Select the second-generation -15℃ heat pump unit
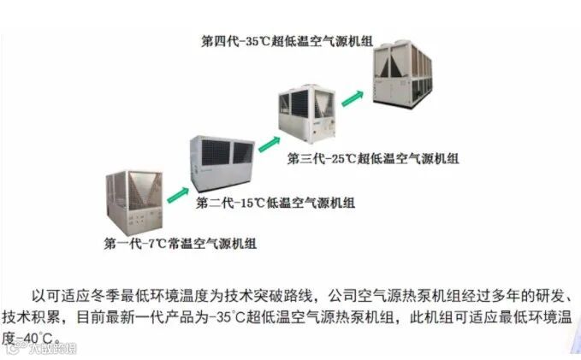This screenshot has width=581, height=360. [x=220, y=161]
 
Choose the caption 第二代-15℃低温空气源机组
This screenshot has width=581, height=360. [x=276, y=204]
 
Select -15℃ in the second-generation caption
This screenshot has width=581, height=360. [x=249, y=204]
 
